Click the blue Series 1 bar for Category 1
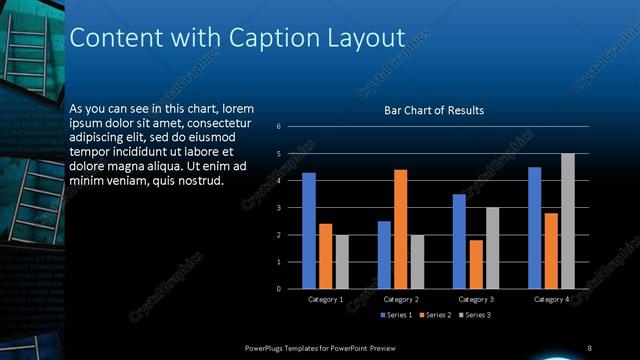(309, 231)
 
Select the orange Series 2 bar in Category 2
(400, 229)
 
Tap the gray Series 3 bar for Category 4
(568, 221)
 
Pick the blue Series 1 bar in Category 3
(459, 241)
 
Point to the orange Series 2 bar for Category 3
(475, 264)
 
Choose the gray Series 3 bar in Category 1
(342, 262)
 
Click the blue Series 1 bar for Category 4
(535, 228)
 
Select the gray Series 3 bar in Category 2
(417, 262)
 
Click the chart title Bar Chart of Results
(434, 110)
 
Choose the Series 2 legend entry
(437, 315)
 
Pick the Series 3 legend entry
(475, 315)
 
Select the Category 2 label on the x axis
(400, 299)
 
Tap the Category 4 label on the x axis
(551, 299)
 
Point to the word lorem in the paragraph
(236, 108)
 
